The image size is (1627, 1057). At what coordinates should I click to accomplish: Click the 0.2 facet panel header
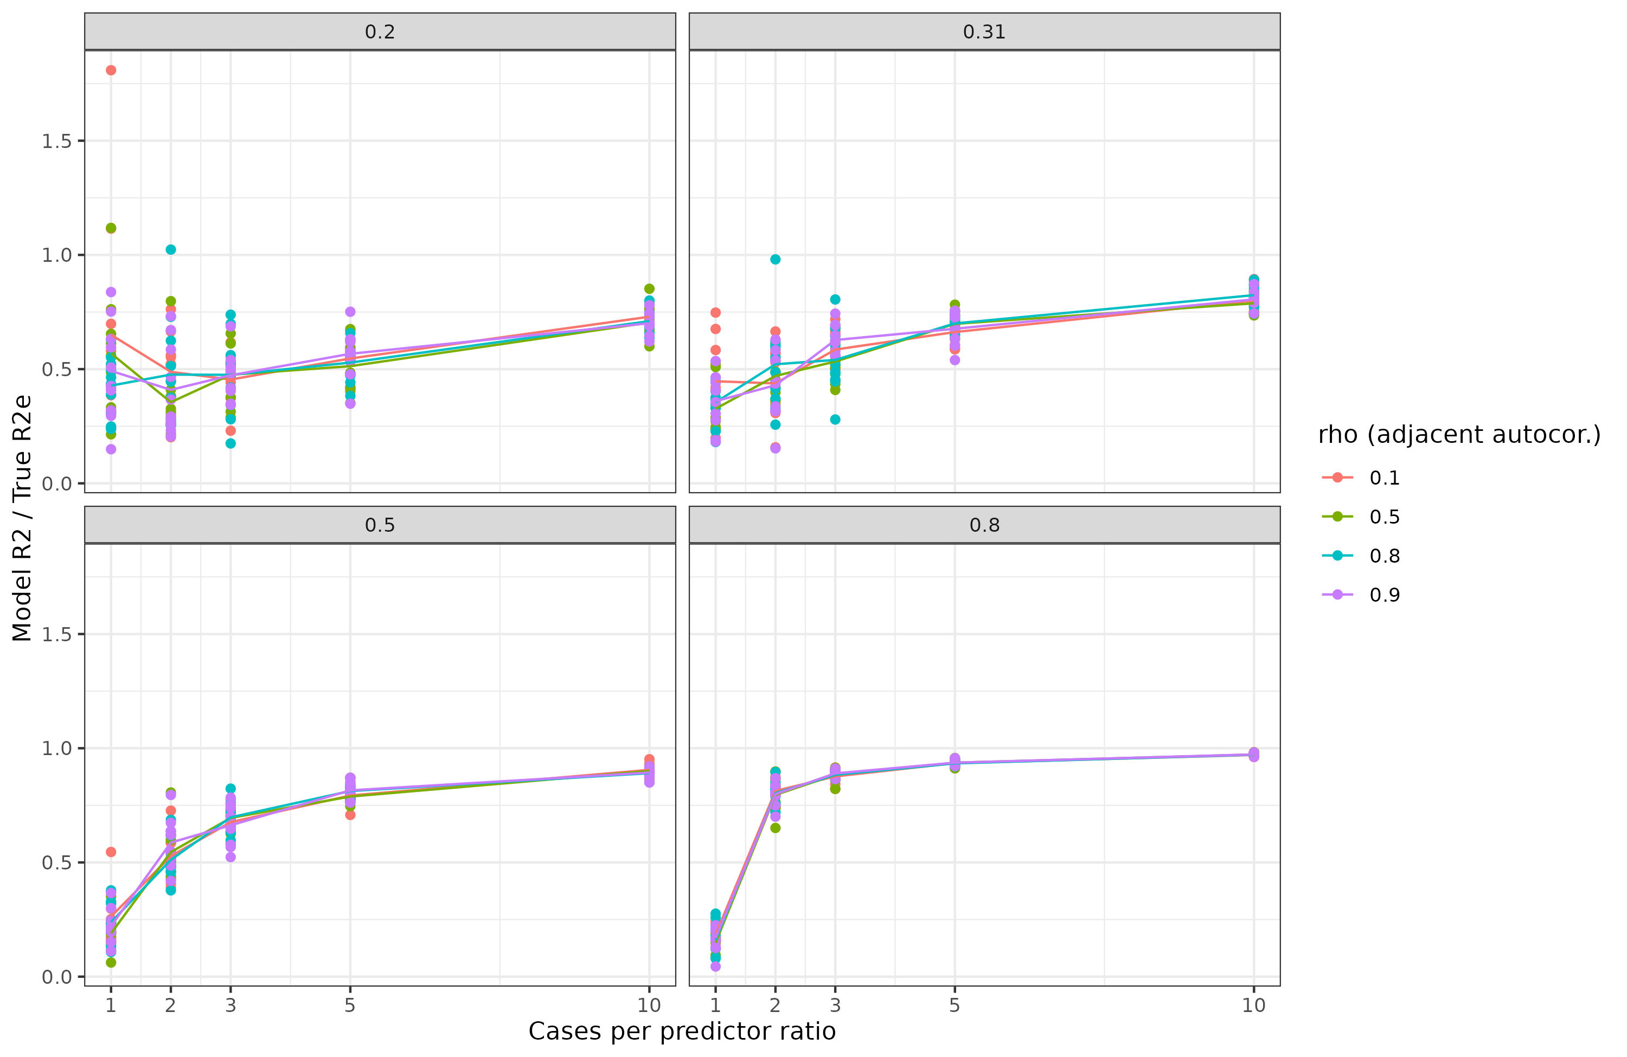[380, 31]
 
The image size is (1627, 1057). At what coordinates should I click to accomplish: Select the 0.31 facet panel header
[984, 31]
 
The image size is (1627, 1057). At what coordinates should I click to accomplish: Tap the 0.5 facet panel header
[380, 525]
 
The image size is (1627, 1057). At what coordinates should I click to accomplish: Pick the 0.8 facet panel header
[984, 525]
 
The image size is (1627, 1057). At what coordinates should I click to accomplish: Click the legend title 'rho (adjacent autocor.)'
[1459, 435]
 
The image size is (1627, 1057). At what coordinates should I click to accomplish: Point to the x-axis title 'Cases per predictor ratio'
[682, 1031]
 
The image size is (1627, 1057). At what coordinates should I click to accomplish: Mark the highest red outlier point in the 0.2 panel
[111, 70]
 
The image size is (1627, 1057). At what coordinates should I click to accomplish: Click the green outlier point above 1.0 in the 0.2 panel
[111, 228]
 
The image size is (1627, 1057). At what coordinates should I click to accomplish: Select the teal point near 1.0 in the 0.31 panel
[775, 260]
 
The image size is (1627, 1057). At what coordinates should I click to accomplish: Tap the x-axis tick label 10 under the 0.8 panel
[1254, 1005]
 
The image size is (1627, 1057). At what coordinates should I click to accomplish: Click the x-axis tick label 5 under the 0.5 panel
[350, 1005]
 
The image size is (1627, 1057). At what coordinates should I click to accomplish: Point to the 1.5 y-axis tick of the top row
[57, 141]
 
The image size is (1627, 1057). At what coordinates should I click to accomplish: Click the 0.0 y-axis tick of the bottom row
[57, 977]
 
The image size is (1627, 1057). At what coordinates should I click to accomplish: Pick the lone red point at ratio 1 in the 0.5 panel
[111, 852]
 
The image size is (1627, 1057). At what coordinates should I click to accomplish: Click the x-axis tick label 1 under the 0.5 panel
[111, 1005]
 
